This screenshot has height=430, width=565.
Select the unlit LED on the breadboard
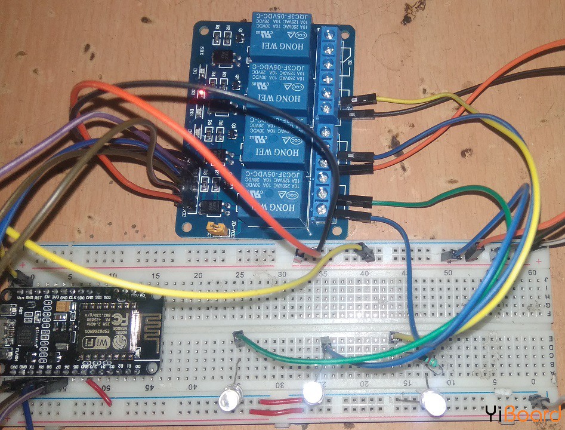click(x=228, y=400)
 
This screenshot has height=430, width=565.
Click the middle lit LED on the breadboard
click(x=311, y=393)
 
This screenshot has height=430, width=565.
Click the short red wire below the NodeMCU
click(x=98, y=389)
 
